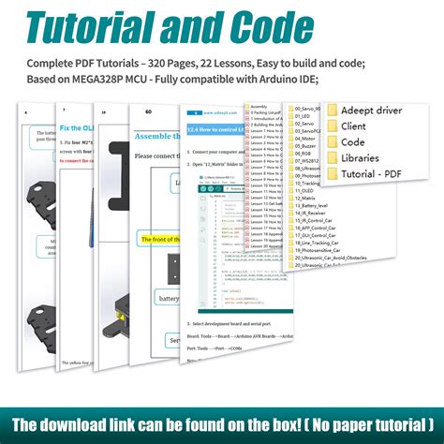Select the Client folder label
coord(354,126)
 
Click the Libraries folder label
coord(361,158)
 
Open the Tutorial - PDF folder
coord(372,174)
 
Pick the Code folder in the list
coord(352,142)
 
